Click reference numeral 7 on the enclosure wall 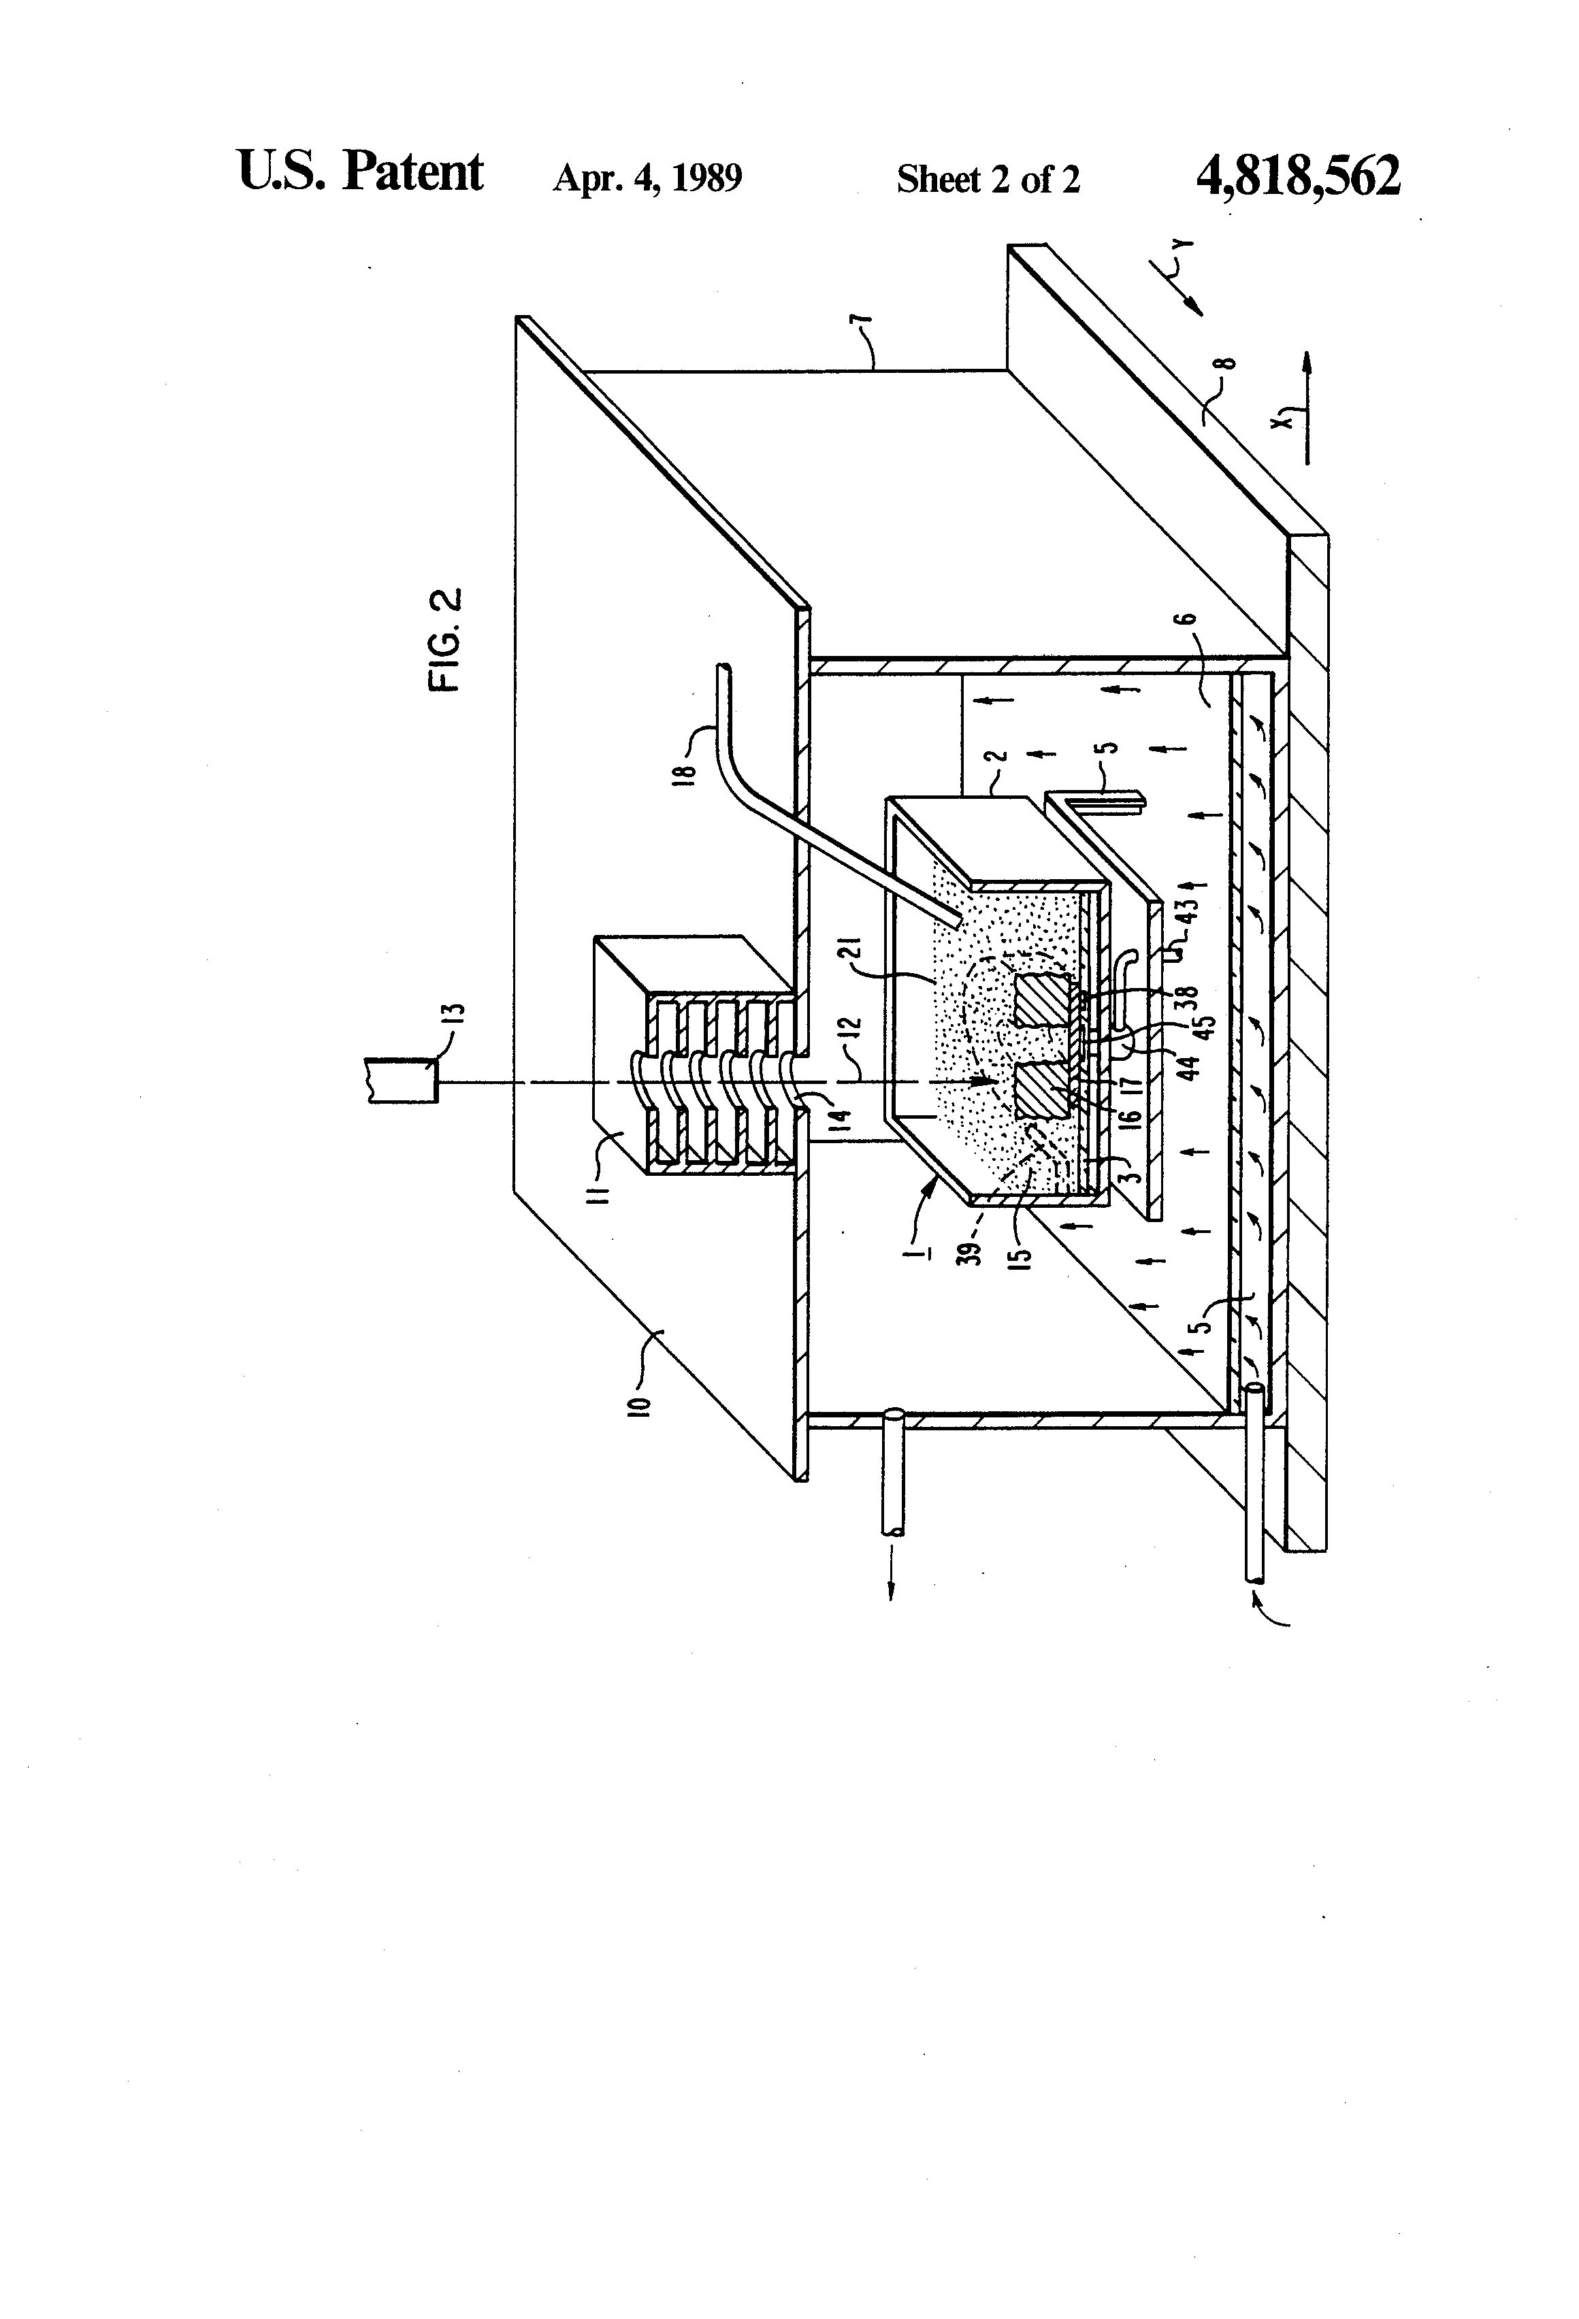click(864, 329)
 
